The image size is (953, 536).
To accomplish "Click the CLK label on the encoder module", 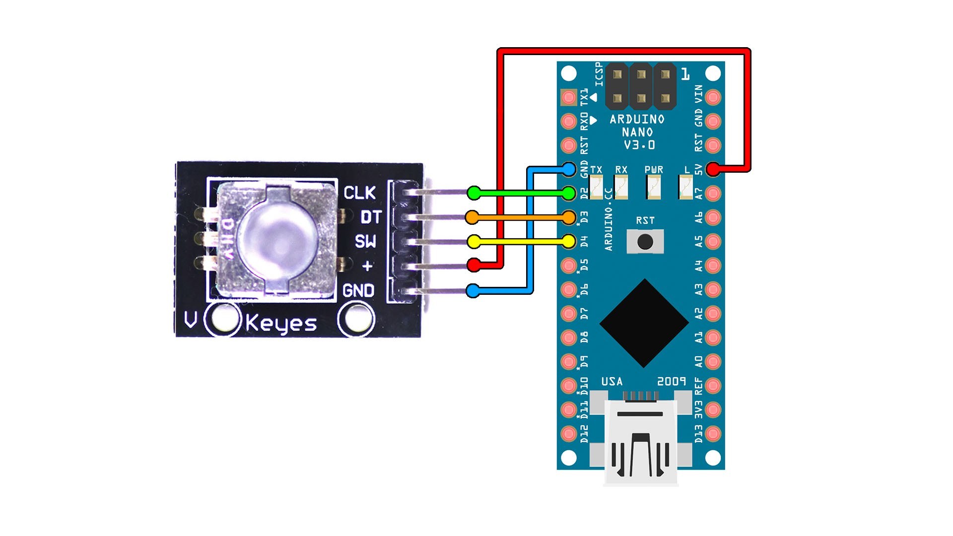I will [x=360, y=193].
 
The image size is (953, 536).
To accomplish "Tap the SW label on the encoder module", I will [x=365, y=242].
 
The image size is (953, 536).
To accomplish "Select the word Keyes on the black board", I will [x=281, y=324].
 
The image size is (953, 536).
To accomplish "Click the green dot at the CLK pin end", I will [x=474, y=193].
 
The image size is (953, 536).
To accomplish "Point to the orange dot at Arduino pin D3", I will [x=569, y=217].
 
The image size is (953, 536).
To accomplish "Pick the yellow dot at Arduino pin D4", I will [x=569, y=242].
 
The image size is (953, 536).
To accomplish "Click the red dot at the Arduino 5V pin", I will [x=713, y=169].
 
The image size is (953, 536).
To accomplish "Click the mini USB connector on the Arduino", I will [x=641, y=442].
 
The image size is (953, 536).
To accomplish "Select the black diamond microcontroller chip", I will [x=644, y=323].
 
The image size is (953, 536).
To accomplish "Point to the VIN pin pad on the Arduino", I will [x=713, y=97].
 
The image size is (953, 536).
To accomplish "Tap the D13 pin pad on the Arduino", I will [x=713, y=434].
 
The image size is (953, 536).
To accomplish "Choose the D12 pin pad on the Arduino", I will [x=569, y=434].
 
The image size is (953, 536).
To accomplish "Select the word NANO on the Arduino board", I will [x=637, y=133].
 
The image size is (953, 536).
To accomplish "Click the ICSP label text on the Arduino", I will [x=599, y=74].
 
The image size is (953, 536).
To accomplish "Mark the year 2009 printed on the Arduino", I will [x=672, y=381].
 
